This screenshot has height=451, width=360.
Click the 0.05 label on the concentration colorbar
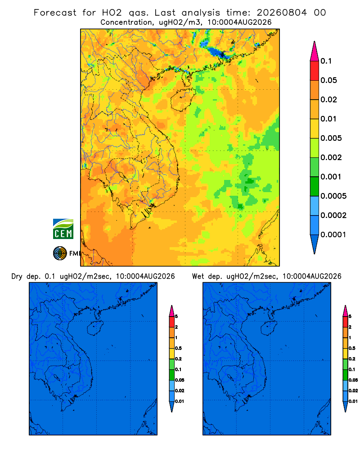click(x=328, y=80)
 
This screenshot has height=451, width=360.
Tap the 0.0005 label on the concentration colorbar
click(x=333, y=196)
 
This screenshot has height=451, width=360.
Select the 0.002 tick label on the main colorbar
click(x=331, y=157)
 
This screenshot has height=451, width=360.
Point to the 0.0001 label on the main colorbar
click(x=333, y=235)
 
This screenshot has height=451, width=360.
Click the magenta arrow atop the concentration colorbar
click(x=315, y=51)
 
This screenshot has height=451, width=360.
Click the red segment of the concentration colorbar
click(x=315, y=71)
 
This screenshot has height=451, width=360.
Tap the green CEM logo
click(x=63, y=229)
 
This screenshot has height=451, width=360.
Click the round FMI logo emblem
click(x=60, y=253)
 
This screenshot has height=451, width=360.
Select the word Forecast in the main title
click(x=55, y=13)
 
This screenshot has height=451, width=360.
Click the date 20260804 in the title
click(x=282, y=13)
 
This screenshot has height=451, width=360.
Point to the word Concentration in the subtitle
click(x=126, y=23)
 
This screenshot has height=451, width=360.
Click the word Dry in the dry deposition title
click(x=17, y=277)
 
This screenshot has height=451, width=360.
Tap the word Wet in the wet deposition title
click(x=198, y=277)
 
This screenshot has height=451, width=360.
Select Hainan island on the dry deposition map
click(x=95, y=328)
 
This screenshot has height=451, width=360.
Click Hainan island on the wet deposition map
click(x=269, y=328)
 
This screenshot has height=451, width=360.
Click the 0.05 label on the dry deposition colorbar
click(x=180, y=380)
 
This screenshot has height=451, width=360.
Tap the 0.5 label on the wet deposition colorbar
click(x=352, y=348)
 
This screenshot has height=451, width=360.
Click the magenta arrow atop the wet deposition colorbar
click(x=345, y=311)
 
